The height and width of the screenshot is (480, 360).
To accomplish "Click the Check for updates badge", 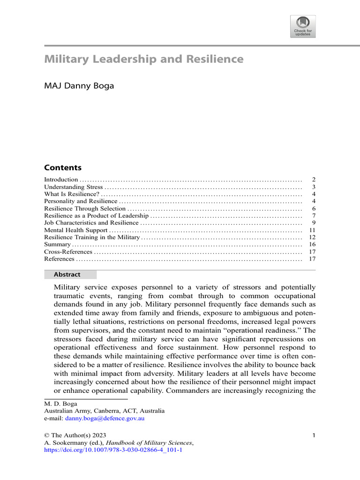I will [303, 26].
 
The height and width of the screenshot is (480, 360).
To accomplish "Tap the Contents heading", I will [62, 168].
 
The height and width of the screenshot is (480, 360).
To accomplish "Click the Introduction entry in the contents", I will [61, 180].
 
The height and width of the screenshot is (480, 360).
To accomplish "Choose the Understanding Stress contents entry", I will [73, 187].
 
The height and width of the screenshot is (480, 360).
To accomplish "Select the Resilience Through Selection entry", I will [85, 209].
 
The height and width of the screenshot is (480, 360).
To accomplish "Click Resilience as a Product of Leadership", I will [96, 216].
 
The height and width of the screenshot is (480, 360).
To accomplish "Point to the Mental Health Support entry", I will [75, 230].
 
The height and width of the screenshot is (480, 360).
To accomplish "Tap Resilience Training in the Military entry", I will [92, 238].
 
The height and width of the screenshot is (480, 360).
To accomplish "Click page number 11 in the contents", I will [312, 230].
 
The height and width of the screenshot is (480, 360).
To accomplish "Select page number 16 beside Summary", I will [312, 245].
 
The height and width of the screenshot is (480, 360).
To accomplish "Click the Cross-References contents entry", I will [68, 252].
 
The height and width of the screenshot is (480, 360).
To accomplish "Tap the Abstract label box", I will [70, 275].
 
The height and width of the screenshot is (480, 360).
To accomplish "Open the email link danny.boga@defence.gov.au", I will [105, 418].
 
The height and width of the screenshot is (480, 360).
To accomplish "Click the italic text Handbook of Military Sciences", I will [149, 442].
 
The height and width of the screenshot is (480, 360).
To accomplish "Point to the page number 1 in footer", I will [314, 435].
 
